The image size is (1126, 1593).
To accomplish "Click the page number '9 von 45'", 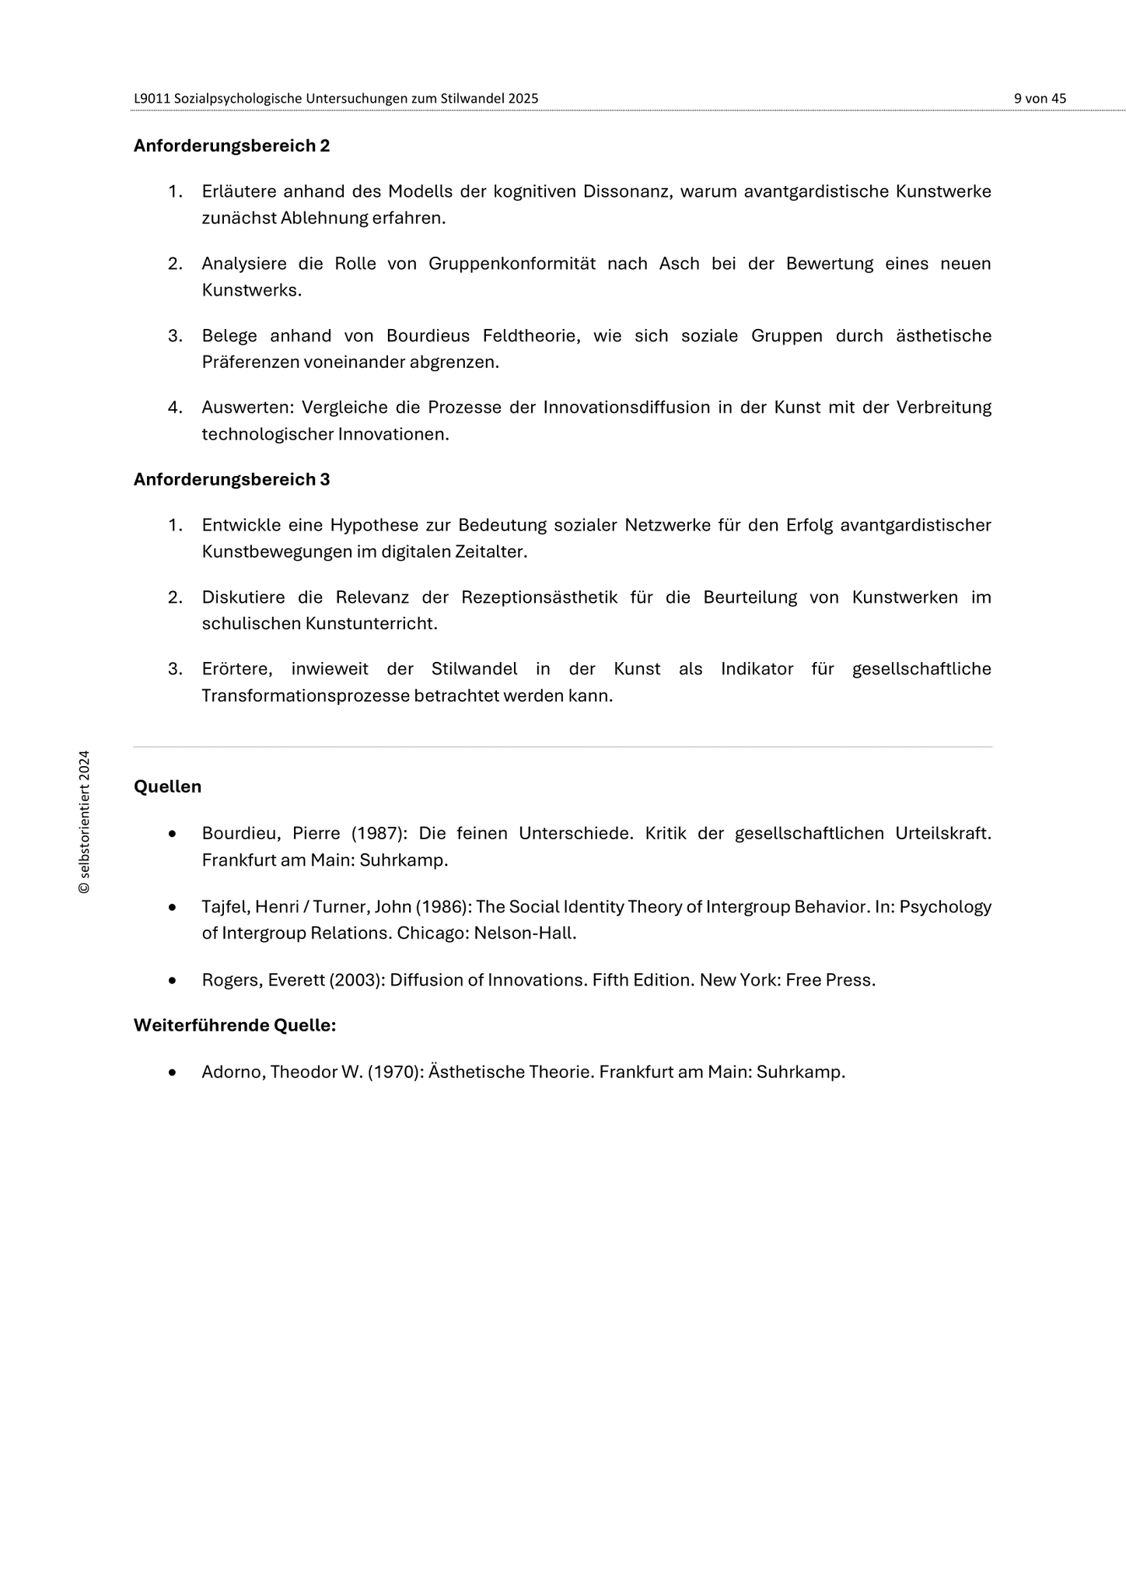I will (x=1040, y=99).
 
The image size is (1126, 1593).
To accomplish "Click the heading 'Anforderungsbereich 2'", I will (x=232, y=146).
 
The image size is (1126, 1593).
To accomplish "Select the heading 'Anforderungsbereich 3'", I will (x=232, y=480).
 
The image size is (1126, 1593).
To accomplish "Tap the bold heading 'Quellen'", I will (x=167, y=786).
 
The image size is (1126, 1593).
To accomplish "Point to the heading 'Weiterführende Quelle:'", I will (x=235, y=1025).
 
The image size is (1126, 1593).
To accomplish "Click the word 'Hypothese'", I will (x=373, y=525).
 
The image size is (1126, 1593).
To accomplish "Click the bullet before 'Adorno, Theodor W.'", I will (x=172, y=1073).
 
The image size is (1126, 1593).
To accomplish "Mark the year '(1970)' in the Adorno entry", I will (x=395, y=1072).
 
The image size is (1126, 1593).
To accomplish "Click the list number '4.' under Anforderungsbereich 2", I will (x=175, y=408).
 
